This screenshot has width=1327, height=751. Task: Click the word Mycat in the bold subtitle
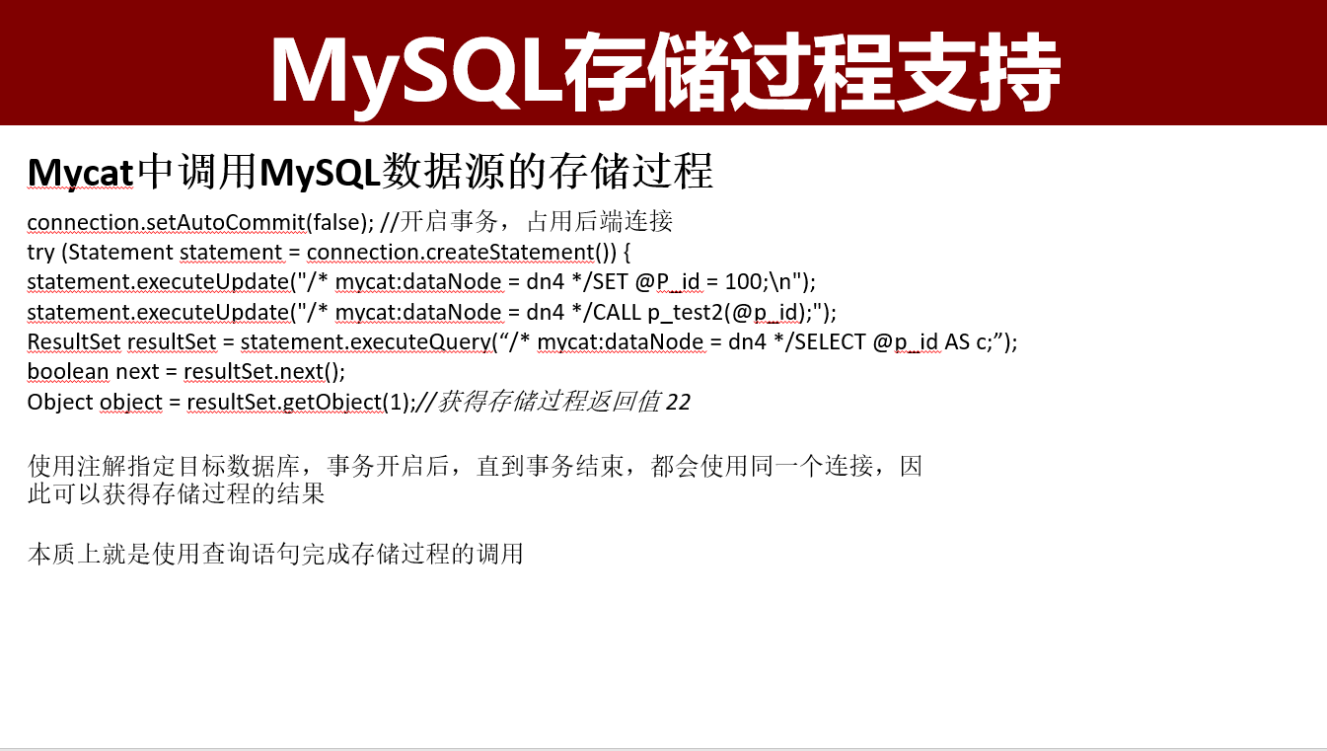pos(80,173)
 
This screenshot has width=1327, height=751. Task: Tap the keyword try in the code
pos(40,253)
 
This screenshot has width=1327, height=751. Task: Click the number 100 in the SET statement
pos(743,282)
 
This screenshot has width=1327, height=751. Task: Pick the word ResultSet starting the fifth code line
pos(74,342)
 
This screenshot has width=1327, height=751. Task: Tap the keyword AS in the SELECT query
pos(958,342)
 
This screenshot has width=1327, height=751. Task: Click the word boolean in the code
pos(68,372)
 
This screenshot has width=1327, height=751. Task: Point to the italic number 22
pos(679,403)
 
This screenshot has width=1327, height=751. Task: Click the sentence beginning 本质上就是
pos(275,555)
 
